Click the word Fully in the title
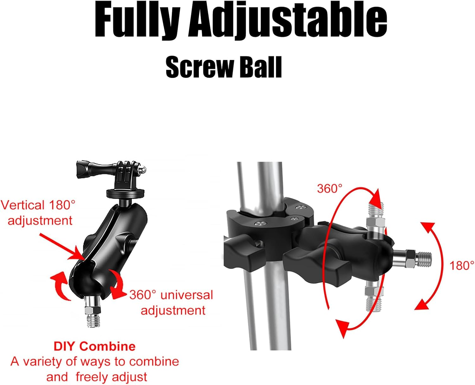137,21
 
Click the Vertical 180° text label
38,205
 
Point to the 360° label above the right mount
330,189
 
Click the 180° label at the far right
462,266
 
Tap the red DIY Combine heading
94,346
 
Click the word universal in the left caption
187,295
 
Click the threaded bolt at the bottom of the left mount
93,314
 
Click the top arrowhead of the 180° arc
428,228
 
